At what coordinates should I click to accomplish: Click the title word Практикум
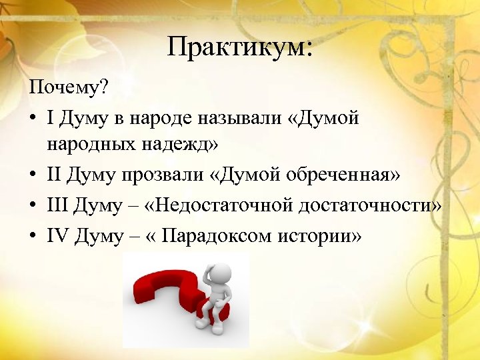pyautogui.click(x=239, y=47)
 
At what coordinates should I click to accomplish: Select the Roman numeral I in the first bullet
pyautogui.click(x=51, y=119)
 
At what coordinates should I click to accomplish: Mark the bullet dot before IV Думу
pyautogui.click(x=33, y=235)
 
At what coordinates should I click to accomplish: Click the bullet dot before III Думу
pyautogui.click(x=33, y=207)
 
